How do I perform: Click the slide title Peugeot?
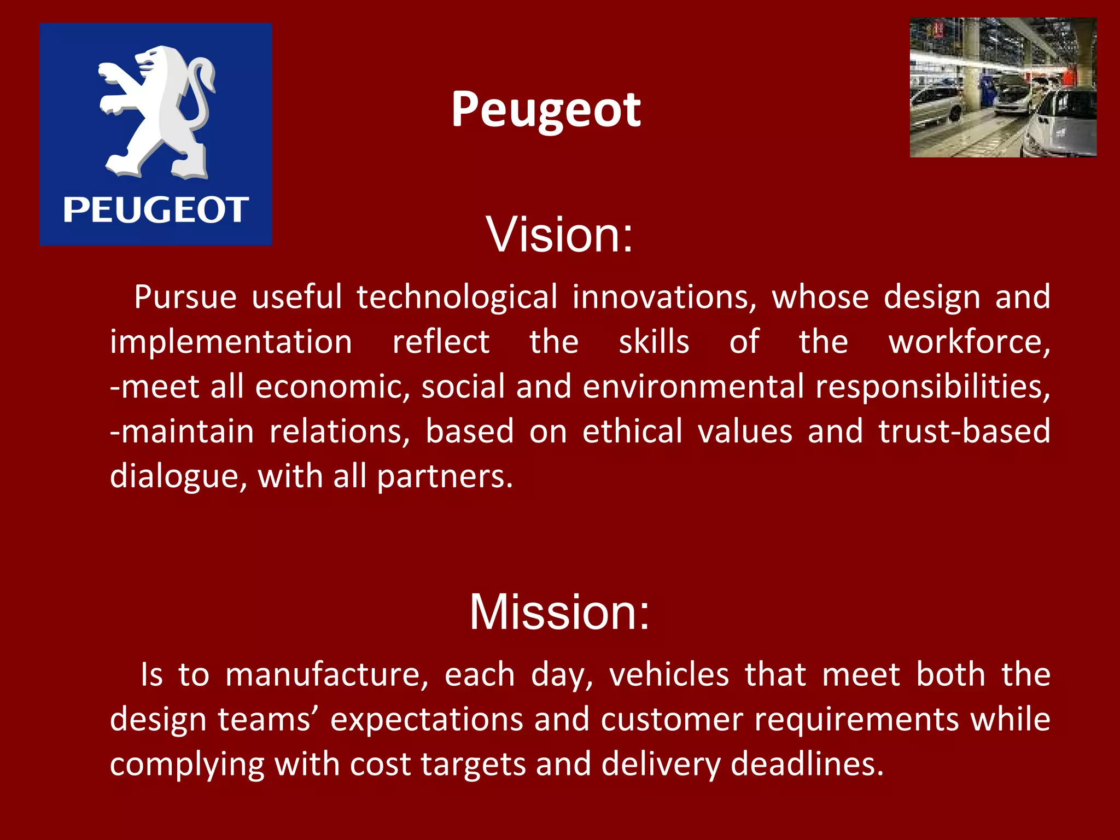coord(546,110)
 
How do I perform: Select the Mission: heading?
coord(559,612)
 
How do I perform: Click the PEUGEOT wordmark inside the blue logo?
coord(156,210)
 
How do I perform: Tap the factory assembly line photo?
coord(1002,87)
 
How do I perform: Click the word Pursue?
coord(185,297)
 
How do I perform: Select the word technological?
coord(457,297)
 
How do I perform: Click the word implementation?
coord(231,342)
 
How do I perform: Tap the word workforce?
coord(968,342)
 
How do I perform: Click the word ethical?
coord(632,431)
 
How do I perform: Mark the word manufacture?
coord(326,675)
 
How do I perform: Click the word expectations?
coord(427,720)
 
